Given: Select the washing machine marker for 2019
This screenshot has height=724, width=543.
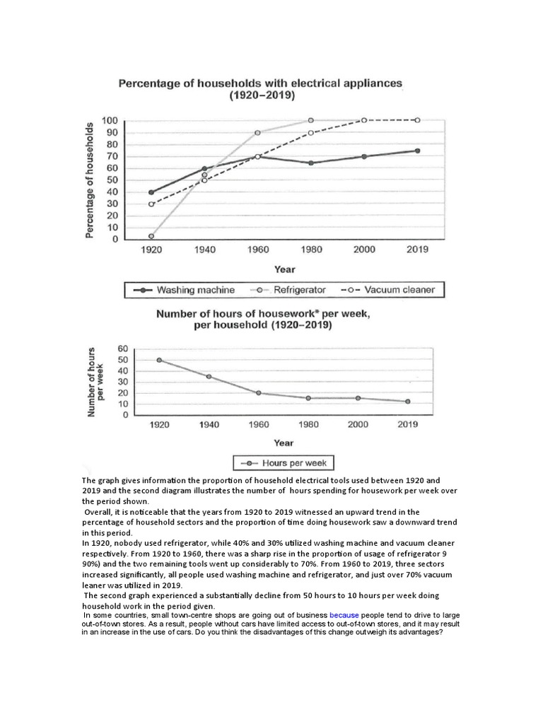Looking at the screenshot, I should [x=417, y=151].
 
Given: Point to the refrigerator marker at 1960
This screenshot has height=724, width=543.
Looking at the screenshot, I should [x=257, y=132].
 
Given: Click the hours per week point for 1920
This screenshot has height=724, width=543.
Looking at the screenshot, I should [x=158, y=360].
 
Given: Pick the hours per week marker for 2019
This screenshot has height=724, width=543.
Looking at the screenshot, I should [x=407, y=402].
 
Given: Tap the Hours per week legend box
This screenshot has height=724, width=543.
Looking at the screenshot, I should [x=284, y=463].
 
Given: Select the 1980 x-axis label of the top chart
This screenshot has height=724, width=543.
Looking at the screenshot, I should [x=310, y=250].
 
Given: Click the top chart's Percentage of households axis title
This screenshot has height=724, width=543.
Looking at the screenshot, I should [x=90, y=180].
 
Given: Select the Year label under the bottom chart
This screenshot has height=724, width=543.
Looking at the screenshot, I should [x=284, y=443].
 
